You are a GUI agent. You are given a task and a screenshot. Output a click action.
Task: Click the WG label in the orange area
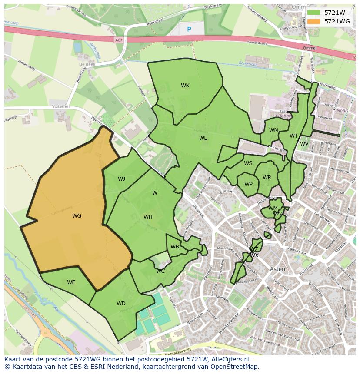pyautogui.click(x=77, y=216)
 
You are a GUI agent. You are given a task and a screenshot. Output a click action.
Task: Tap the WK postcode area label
pyautogui.click(x=185, y=86)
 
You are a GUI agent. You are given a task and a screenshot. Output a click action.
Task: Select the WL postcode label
pyautogui.click(x=203, y=138)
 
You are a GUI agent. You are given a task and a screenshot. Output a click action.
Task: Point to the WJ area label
pyautogui.click(x=121, y=179)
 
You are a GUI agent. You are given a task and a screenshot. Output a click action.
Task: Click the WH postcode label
pyautogui.click(x=148, y=217)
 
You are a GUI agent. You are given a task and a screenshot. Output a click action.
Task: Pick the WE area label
pyautogui.click(x=71, y=282)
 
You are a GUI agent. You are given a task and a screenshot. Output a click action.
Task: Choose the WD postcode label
pyautogui.click(x=121, y=304)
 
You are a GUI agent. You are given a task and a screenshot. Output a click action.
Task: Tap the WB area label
pyautogui.click(x=175, y=247)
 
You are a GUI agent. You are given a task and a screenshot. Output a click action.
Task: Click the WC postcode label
pyautogui.click(x=160, y=271)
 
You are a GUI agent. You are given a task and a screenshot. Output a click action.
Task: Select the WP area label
pyautogui.click(x=248, y=184)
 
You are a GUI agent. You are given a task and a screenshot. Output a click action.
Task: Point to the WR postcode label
pyautogui.click(x=267, y=178)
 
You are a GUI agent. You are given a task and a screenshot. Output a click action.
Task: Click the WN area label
pyautogui.click(x=273, y=130)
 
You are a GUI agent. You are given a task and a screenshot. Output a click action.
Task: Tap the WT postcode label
pyautogui.click(x=294, y=136)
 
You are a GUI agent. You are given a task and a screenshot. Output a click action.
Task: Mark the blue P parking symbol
pyautogui.click(x=189, y=29)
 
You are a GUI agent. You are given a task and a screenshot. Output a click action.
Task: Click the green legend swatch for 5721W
pyautogui.click(x=313, y=13)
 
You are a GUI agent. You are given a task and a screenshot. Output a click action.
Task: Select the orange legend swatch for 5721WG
pyautogui.click(x=313, y=21)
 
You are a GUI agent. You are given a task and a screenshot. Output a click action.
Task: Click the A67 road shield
pyautogui.click(x=119, y=40)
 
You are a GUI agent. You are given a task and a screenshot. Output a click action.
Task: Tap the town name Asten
pyautogui.click(x=278, y=269)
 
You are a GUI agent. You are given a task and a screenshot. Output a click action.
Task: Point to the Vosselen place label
pyautogui.click(x=60, y=106)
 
